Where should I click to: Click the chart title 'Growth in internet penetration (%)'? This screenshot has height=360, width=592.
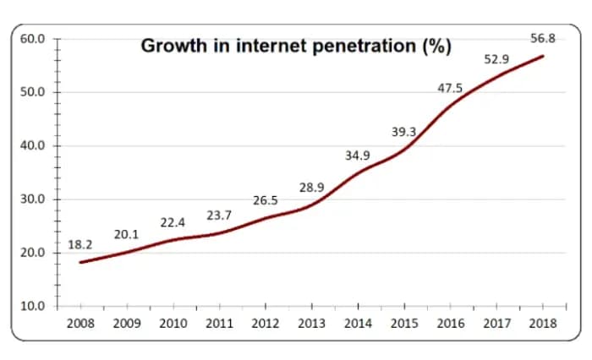tap(294, 46)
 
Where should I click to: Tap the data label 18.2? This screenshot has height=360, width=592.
tap(80, 245)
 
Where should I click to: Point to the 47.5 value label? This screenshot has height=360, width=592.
tap(450, 88)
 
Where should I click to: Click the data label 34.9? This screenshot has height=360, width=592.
tap(358, 155)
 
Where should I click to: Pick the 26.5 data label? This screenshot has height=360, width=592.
tap(265, 200)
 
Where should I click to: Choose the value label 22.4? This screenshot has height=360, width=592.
tap(173, 222)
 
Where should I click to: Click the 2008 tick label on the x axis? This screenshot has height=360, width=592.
tap(80, 322)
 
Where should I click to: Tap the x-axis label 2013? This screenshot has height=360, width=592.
tap(311, 322)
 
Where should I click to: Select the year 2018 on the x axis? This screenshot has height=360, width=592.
tap(542, 322)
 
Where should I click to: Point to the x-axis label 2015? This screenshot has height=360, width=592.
tap(403, 322)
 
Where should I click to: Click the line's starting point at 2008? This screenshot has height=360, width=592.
tap(80, 262)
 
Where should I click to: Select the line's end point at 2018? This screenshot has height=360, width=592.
tap(542, 56)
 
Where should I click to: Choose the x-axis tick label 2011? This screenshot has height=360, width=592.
tap(219, 322)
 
